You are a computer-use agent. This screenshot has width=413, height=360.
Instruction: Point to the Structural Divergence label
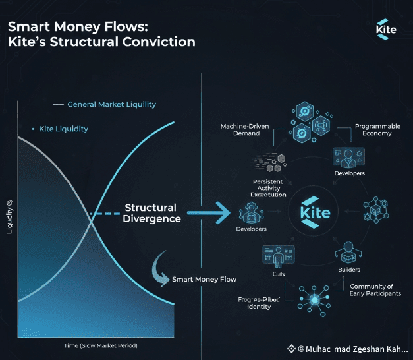(151, 213)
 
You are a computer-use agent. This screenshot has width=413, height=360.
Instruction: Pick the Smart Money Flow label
(204, 279)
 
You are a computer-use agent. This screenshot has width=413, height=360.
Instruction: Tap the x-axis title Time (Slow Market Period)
(96, 346)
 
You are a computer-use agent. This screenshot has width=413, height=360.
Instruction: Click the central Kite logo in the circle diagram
(316, 213)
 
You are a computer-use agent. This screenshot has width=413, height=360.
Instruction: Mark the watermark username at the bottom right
(352, 349)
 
